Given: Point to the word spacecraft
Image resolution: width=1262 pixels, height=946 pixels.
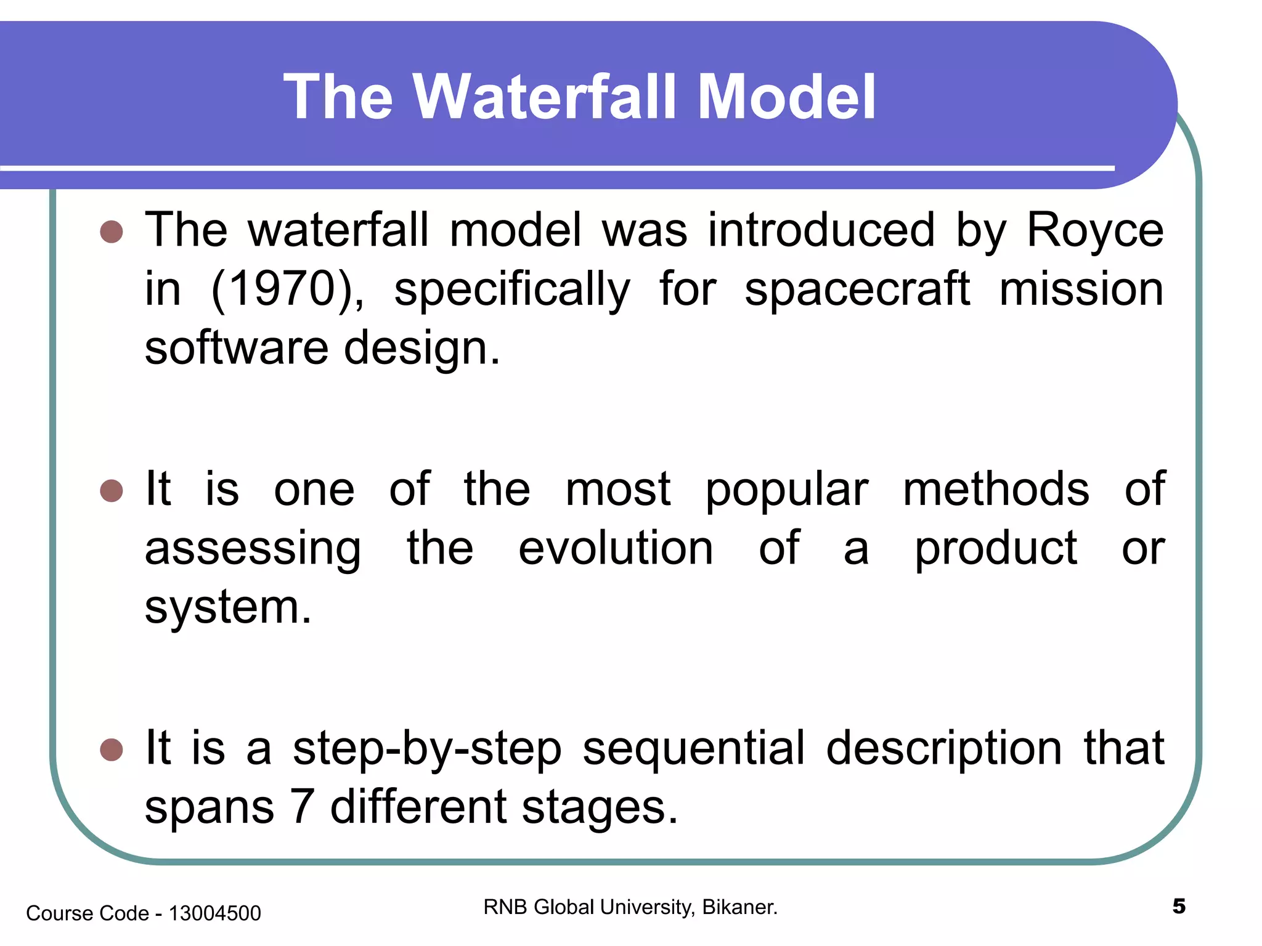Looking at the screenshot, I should pos(857,289).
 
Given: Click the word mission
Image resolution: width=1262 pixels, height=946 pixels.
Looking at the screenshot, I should pos(1081,289).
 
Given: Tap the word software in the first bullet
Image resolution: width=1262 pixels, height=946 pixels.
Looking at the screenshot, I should pos(237,348).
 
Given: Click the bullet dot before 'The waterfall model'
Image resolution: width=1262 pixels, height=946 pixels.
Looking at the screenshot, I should pos(112,232).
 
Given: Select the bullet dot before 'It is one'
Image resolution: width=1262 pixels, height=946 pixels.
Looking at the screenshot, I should pos(112,491).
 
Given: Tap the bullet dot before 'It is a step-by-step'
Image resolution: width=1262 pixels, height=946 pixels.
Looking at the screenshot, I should pos(112,750).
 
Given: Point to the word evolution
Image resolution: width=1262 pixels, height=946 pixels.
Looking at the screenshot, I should pos(616,548).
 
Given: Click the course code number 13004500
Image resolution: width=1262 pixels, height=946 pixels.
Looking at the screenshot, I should pos(214,913).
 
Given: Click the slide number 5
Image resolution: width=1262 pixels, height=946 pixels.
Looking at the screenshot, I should pos(1178,907).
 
